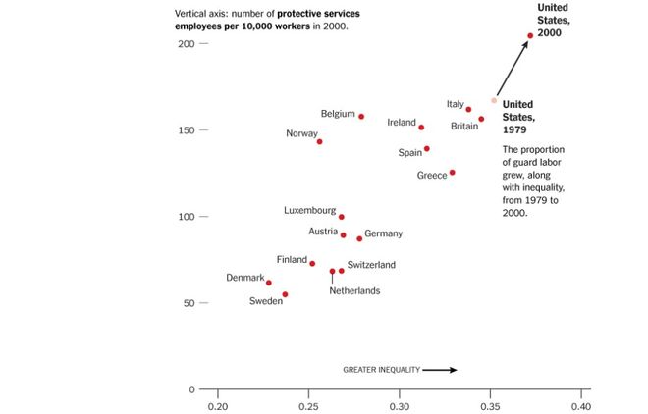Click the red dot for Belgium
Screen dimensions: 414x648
[x=361, y=117]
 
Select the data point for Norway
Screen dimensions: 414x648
[x=319, y=142]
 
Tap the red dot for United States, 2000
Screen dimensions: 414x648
[x=530, y=36]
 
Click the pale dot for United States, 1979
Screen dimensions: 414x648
[x=494, y=101]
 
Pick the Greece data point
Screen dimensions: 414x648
[x=452, y=173]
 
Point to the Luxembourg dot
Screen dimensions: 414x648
[x=342, y=217]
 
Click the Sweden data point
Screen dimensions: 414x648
[x=285, y=294]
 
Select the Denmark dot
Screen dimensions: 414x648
[x=269, y=283]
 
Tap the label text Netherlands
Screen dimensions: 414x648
[x=354, y=290]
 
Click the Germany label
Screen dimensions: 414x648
[x=383, y=234]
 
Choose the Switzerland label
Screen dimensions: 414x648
[x=371, y=265]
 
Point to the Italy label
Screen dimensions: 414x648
[x=455, y=104]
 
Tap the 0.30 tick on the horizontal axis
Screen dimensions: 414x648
[x=400, y=405]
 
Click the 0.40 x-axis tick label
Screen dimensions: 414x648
[x=581, y=405]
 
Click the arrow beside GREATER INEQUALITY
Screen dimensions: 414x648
[x=441, y=370]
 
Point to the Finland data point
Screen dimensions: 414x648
[x=312, y=264]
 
